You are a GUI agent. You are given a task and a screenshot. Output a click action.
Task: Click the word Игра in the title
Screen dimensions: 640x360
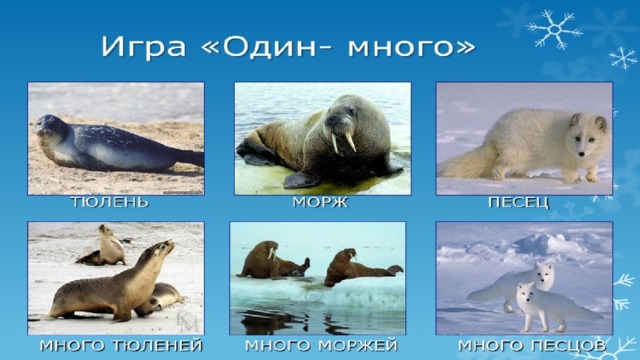tap(143, 47)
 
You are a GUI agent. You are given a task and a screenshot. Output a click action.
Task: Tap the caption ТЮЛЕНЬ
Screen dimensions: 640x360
tap(110, 202)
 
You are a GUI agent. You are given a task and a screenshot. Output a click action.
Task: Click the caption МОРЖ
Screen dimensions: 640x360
tap(320, 202)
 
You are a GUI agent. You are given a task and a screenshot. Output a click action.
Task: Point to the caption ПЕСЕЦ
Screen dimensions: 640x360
tap(519, 202)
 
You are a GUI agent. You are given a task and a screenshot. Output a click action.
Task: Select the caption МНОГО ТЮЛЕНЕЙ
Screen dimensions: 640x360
tap(121, 346)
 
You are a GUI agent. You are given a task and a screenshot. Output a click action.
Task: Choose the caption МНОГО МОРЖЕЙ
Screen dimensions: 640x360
tap(321, 346)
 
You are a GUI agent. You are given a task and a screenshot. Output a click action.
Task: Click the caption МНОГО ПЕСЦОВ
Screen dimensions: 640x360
tap(532, 346)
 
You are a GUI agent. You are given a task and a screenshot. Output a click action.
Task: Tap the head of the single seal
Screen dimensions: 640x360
tap(50, 126)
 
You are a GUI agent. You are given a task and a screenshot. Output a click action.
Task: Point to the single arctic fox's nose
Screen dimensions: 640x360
tap(581, 154)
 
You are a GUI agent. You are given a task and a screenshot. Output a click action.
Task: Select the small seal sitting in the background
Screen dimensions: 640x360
tap(104, 246)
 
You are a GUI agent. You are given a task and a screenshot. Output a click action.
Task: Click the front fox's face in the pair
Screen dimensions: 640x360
tap(526, 291)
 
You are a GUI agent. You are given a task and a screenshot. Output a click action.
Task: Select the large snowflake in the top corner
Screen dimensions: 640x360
tap(554, 29)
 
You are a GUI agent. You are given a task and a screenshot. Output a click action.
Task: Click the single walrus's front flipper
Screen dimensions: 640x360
tap(300, 180)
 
